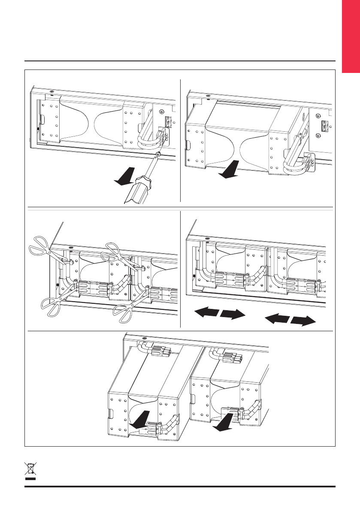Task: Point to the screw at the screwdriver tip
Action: pos(158,154)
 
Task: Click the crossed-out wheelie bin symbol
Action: pos(30,470)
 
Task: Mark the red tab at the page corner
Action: pos(351,36)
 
